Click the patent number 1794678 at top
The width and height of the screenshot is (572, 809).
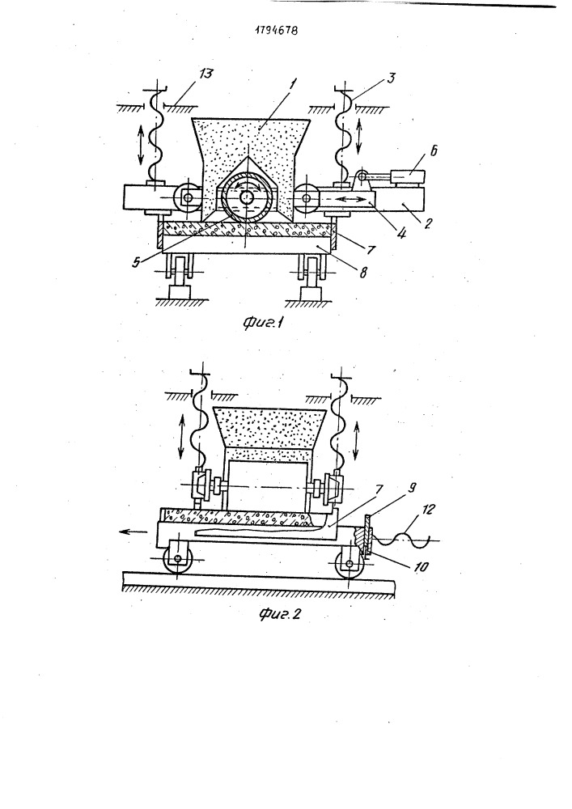pos(277,30)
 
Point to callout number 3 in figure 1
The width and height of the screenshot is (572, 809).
pos(392,78)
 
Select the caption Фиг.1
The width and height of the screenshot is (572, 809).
pos(264,324)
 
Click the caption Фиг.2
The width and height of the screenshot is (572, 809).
pos(279,614)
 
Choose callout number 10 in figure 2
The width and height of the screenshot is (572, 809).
pos(422,566)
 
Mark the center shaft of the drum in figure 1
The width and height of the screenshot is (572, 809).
pos(246,197)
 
